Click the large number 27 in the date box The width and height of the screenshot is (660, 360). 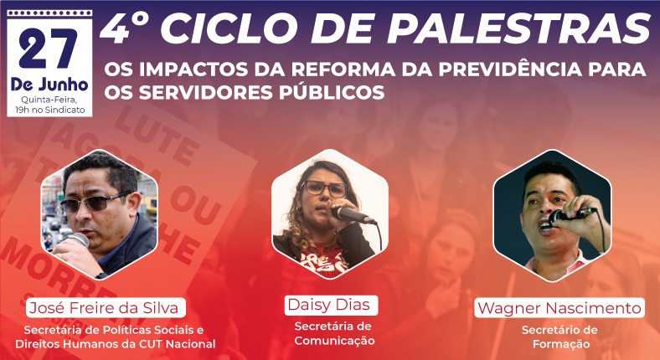(x=48, y=51)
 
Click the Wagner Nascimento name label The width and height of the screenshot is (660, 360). (x=559, y=308)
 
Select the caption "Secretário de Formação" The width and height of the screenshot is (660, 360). (x=559, y=337)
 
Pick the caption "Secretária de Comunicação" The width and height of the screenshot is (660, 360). (x=333, y=333)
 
